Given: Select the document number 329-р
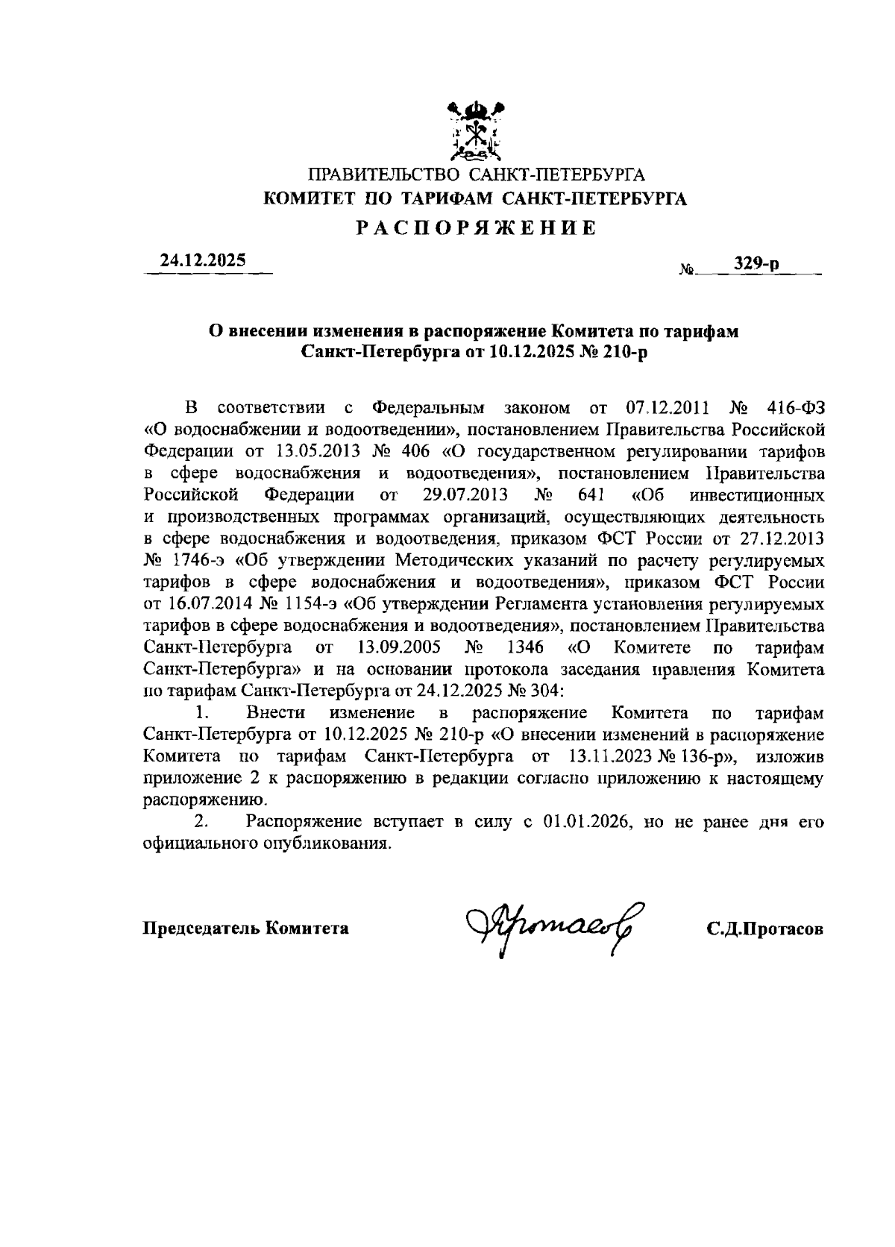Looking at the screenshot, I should (x=756, y=263).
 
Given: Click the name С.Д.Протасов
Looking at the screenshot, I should (x=765, y=929).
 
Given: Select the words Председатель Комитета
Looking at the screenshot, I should (x=245, y=929).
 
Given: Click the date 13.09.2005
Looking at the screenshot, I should (x=397, y=647).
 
